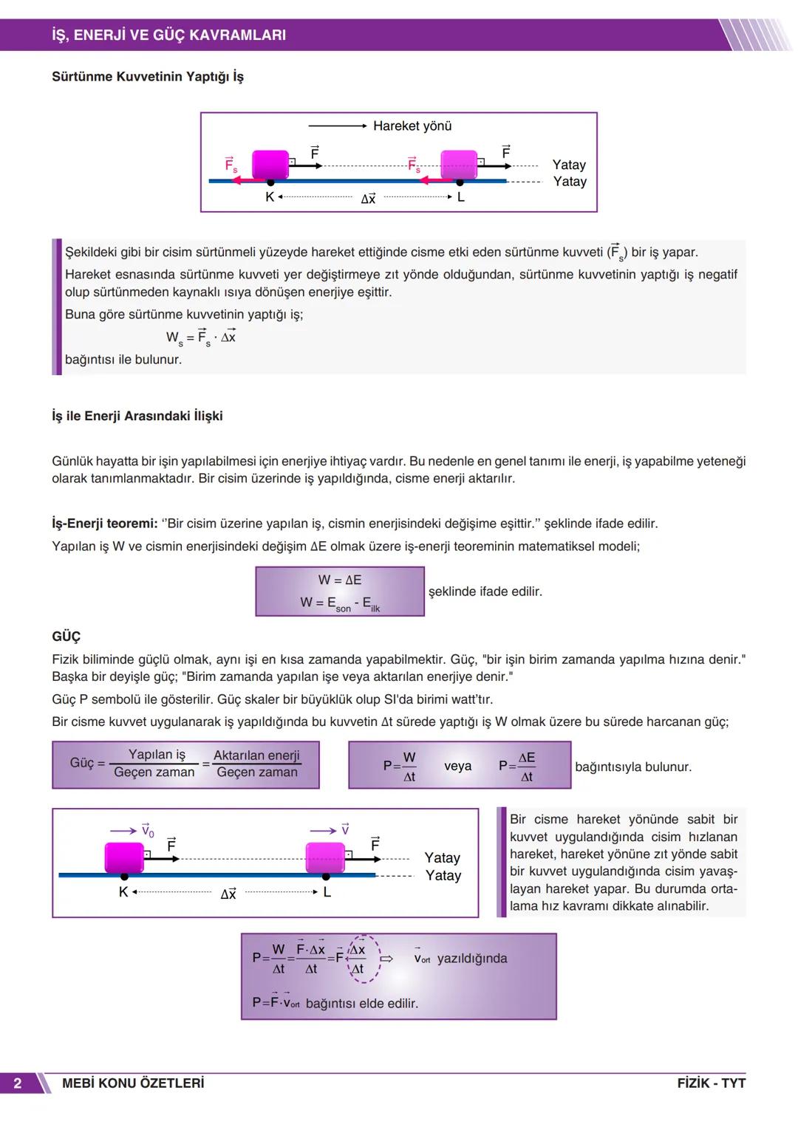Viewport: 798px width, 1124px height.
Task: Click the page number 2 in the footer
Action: (x=18, y=1083)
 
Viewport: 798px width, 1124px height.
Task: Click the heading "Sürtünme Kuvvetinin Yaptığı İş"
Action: (x=147, y=77)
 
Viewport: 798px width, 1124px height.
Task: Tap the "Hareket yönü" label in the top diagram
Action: (x=412, y=126)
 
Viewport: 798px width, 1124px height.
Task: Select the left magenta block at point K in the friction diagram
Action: (x=270, y=164)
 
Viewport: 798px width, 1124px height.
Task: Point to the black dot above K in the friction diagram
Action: (x=270, y=182)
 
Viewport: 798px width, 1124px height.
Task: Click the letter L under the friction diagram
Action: (x=461, y=197)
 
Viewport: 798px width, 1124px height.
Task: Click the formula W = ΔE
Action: (x=340, y=580)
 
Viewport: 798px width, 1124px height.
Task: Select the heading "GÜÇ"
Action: (x=66, y=636)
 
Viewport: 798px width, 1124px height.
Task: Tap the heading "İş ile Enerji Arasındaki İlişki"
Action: (x=137, y=416)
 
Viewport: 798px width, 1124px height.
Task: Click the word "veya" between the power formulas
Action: (x=457, y=766)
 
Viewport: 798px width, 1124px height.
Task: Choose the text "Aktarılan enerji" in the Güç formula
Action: (x=256, y=755)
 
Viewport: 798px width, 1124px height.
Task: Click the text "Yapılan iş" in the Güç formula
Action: (x=157, y=754)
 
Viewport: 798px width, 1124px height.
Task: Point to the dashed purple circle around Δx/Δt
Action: (x=364, y=959)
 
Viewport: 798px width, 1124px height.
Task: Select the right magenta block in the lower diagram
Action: (x=325, y=857)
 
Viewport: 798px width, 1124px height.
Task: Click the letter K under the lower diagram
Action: (x=123, y=892)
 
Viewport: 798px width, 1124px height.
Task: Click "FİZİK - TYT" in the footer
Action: (x=711, y=1083)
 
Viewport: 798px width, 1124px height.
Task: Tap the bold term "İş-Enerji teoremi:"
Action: (x=105, y=524)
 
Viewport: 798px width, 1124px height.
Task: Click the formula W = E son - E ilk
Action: (x=340, y=603)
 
